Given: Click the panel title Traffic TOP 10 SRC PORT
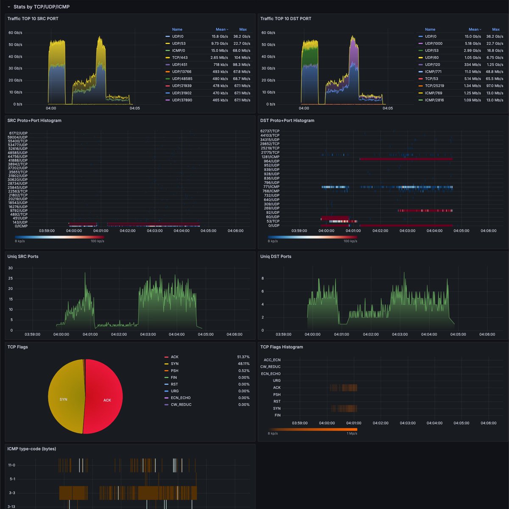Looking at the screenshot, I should (33, 19).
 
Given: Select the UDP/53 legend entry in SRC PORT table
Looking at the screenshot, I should (179, 43).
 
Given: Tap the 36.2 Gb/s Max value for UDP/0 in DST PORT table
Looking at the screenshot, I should (495, 36).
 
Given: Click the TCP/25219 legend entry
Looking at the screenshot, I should (434, 86).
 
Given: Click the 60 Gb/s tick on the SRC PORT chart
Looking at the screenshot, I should (15, 33).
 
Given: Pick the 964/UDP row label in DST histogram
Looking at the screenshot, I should (271, 161).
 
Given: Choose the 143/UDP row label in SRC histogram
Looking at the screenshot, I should (20, 222).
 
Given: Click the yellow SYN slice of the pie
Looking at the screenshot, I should (64, 399).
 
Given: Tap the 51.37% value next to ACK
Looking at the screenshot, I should (243, 357).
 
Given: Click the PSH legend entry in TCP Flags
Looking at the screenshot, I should (174, 371).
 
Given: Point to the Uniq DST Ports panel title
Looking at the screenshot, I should (276, 257).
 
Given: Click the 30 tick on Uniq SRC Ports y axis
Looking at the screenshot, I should (11, 268).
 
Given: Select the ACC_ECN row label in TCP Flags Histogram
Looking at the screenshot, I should (272, 360).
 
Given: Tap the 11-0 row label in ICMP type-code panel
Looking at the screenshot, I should (11, 465).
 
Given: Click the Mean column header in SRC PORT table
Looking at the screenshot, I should (221, 30).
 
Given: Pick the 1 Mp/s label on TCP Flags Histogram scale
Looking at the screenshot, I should (352, 433).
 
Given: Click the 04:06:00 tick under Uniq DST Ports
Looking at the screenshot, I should (487, 334).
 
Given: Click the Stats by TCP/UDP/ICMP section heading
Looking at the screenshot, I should (41, 7).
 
